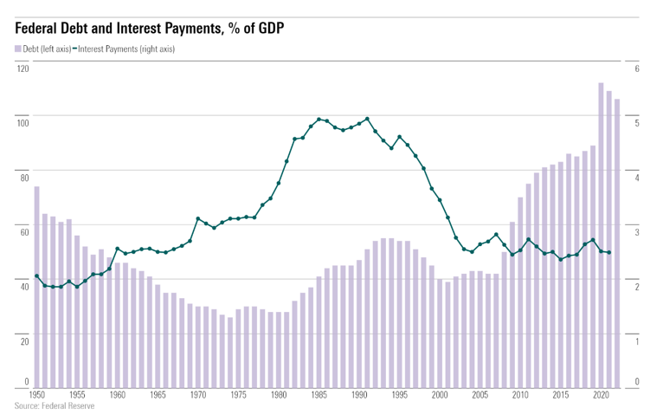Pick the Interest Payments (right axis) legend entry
point(126,49)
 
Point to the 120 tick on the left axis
point(23,68)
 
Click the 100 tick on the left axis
point(23,122)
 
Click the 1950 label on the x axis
point(36,395)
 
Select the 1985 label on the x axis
point(319,395)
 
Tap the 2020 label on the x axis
point(601,395)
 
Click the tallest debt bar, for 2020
point(601,234)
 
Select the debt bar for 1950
point(37,286)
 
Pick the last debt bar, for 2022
point(617,243)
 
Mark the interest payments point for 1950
point(36,276)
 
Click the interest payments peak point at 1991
point(368,119)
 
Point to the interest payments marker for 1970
point(198,218)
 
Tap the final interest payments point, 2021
point(609,253)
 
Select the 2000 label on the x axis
point(440,395)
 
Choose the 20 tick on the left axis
point(24,340)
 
